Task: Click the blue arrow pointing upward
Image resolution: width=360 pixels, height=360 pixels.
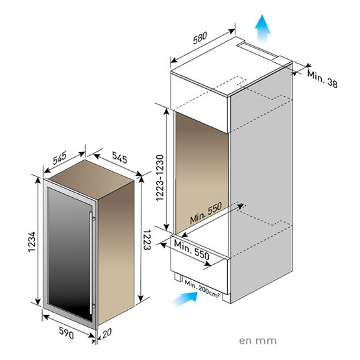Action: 261,28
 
